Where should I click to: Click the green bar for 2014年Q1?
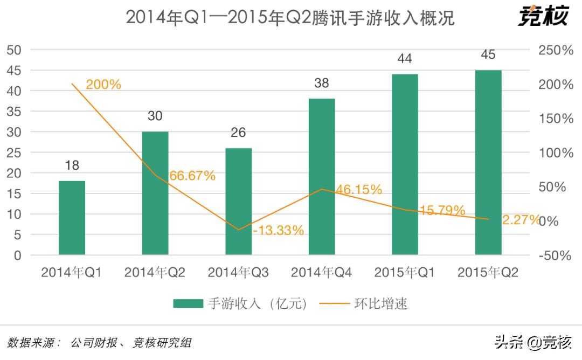(x=72, y=218)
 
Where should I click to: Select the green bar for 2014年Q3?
(x=238, y=202)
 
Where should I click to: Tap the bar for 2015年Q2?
(x=488, y=162)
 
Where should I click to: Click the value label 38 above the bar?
(x=322, y=83)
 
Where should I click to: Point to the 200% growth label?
(x=103, y=85)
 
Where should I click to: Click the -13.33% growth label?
(x=279, y=231)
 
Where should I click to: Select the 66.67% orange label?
(x=192, y=176)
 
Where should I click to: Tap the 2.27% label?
(x=521, y=219)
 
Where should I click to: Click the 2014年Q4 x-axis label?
(x=322, y=273)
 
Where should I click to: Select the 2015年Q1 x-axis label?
(x=405, y=273)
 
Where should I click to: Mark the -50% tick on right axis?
(x=555, y=255)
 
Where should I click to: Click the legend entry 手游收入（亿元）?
(x=241, y=304)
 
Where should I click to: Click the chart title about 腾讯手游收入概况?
(x=290, y=18)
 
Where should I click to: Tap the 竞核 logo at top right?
(x=543, y=16)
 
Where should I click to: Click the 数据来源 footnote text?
(x=100, y=343)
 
